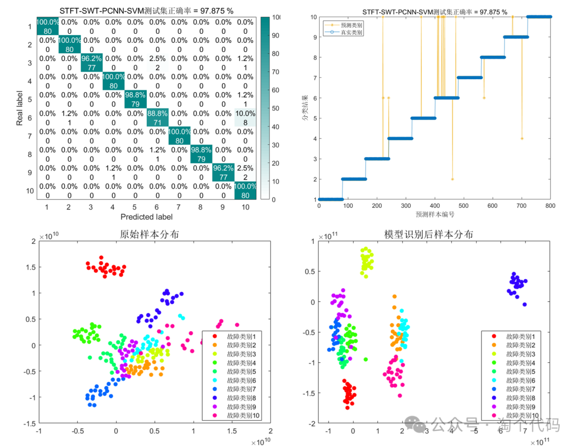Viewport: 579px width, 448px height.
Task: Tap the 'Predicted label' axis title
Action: tap(146, 216)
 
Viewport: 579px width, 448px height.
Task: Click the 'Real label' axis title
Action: tap(19, 108)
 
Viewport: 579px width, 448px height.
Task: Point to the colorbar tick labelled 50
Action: tap(277, 108)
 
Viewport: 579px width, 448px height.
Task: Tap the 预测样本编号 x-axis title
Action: tap(435, 214)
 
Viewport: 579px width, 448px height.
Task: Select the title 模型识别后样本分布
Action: tap(428, 234)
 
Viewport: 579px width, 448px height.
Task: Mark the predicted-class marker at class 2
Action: tap(452, 179)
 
